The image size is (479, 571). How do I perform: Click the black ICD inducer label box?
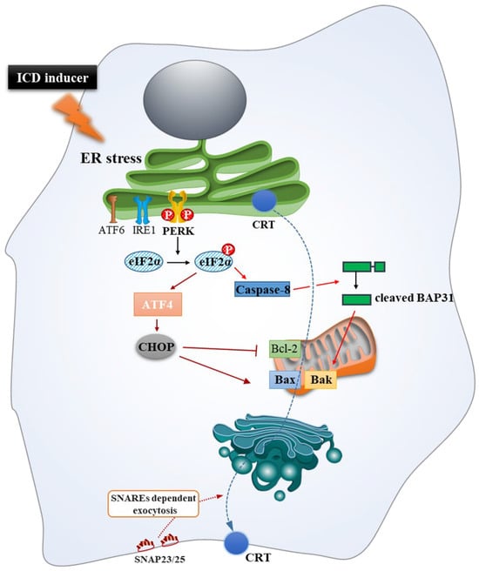[x=52, y=77]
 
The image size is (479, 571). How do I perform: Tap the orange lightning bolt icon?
[x=78, y=117]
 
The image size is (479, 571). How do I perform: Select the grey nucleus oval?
[x=195, y=104]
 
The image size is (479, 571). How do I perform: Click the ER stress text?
[x=111, y=158]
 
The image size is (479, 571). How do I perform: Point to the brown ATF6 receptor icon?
[x=113, y=210]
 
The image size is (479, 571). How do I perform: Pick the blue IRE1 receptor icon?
[x=143, y=210]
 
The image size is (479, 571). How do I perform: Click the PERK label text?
[x=179, y=231]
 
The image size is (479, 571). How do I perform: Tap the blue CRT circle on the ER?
[x=265, y=201]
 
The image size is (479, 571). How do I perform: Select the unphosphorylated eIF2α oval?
[x=145, y=261]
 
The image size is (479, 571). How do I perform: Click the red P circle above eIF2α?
[x=228, y=250]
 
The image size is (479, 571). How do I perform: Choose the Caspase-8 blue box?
[x=263, y=290]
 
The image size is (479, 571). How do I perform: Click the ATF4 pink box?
[x=158, y=304]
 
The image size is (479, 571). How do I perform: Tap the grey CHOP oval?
[x=156, y=347]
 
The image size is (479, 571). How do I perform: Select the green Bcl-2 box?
[x=285, y=349]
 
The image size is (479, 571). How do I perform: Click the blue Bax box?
[x=285, y=380]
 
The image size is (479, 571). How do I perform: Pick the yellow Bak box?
[x=320, y=380]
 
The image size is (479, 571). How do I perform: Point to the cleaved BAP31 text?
[x=415, y=299]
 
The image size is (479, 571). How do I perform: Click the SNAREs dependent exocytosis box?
[x=153, y=504]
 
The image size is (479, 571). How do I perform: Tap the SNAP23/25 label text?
[x=159, y=559]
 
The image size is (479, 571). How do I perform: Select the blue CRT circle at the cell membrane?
[x=237, y=542]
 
